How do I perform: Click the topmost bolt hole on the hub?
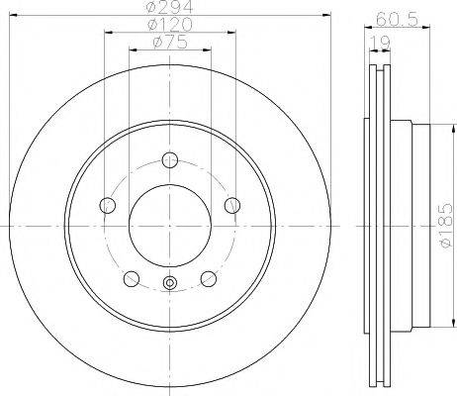click(169, 160)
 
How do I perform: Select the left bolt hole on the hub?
click(108, 205)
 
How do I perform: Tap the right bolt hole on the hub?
click(231, 205)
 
